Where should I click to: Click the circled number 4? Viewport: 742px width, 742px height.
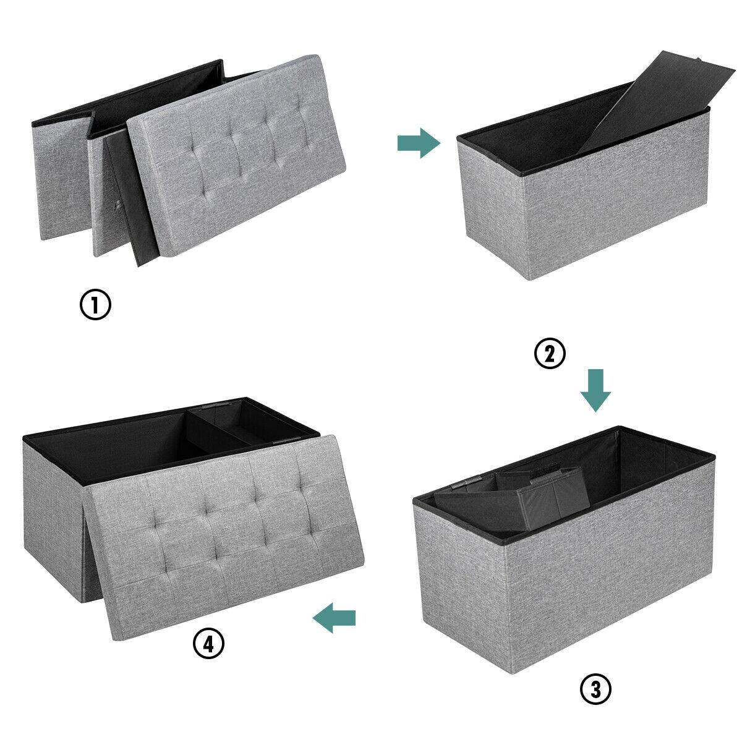click(208, 644)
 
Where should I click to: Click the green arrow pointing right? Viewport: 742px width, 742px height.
click(418, 143)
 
